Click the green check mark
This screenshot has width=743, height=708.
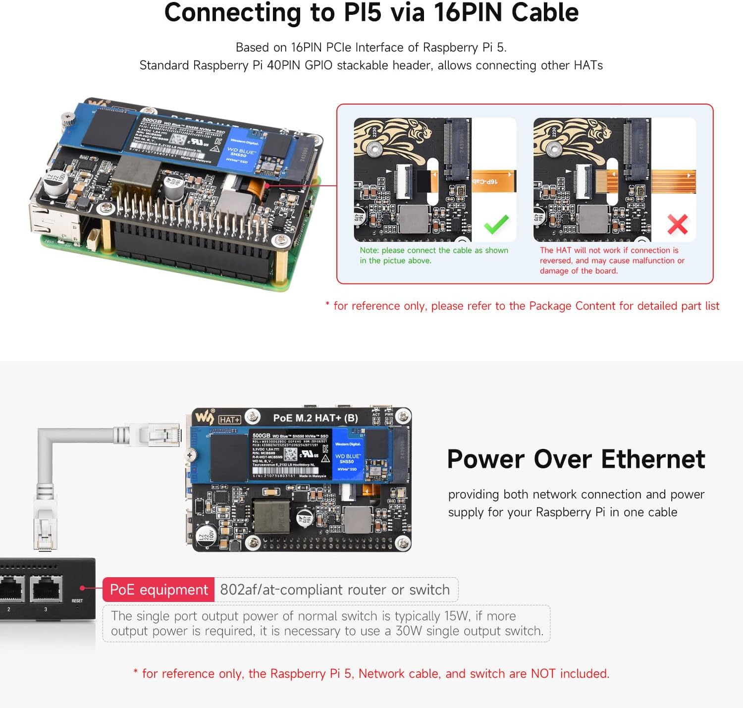point(496,224)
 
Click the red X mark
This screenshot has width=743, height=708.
point(677,224)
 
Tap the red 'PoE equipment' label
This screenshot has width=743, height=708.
point(159,590)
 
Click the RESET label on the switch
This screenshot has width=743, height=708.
point(77,600)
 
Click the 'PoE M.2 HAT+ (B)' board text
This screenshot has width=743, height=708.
point(316,418)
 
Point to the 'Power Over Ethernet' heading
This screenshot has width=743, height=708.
point(576,459)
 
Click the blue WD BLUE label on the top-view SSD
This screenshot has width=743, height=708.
point(347,458)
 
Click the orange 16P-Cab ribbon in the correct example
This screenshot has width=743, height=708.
point(493,181)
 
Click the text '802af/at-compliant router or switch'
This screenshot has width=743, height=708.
point(335,590)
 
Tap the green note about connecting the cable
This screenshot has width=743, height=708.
point(433,255)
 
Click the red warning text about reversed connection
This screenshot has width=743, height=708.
point(612,260)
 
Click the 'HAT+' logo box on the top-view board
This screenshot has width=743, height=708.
point(229,420)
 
